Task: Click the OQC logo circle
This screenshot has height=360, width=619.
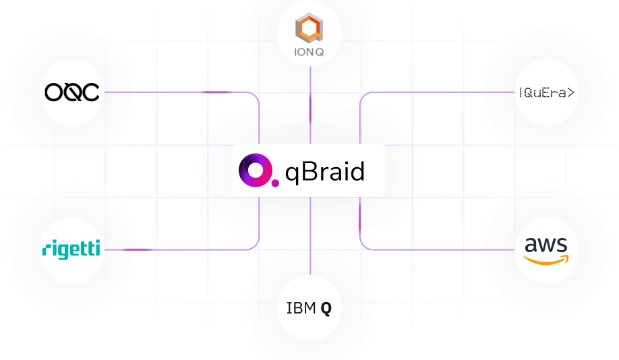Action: point(71,92)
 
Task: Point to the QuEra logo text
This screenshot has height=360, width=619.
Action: point(547,93)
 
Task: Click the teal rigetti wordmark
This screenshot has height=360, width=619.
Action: point(71,249)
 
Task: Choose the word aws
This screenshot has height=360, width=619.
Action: point(547,245)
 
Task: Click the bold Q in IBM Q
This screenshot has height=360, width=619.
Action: point(326,309)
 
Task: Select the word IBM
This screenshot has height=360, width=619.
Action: point(301,309)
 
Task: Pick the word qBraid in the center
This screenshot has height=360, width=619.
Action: point(324,172)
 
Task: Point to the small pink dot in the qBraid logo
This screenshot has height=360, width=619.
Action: point(274,182)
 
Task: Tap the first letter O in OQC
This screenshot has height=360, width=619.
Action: point(51,92)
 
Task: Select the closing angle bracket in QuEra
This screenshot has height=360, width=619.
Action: point(572,93)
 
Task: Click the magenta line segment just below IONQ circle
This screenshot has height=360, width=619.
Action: point(310,107)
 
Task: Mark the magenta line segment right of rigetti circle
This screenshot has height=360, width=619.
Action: point(138,249)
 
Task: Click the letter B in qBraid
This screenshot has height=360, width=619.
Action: point(307,171)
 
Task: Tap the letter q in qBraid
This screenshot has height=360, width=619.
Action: point(292,174)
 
